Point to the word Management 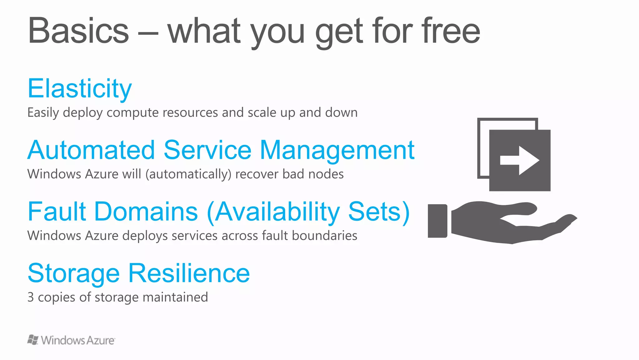click(337, 150)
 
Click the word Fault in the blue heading click(57, 211)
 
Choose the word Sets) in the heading click(379, 211)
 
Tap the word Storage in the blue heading click(74, 273)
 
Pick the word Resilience click(189, 273)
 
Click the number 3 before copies click(31, 297)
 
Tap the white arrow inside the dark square click(519, 160)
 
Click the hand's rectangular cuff click(437, 221)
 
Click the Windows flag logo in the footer click(33, 340)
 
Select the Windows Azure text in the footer click(78, 340)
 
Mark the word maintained click(175, 297)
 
